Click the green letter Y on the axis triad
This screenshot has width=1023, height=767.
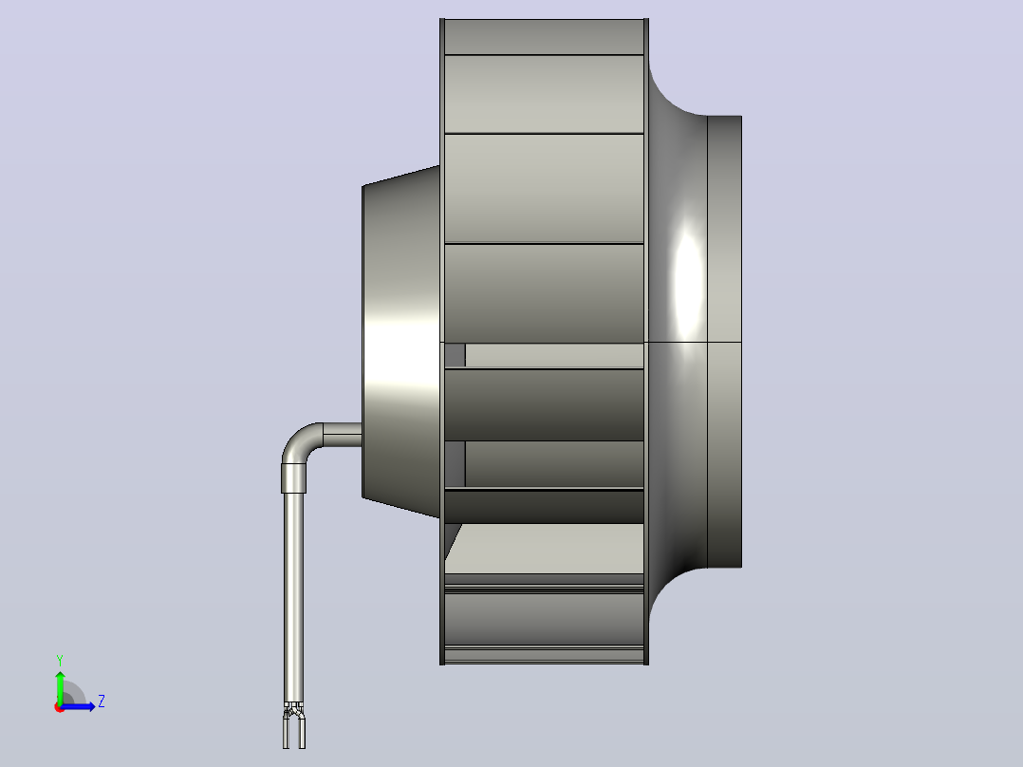(60, 661)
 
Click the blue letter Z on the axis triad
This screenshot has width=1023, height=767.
(102, 702)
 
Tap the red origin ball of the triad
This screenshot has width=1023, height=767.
(60, 707)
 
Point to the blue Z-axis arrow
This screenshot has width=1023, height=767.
(78, 706)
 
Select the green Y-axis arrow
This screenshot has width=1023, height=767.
(60, 687)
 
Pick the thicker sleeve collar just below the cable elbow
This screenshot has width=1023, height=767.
(293, 477)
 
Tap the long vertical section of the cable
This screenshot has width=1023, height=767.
(293, 597)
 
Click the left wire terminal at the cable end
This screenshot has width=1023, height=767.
(286, 730)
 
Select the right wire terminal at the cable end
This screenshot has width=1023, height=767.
(302, 730)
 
